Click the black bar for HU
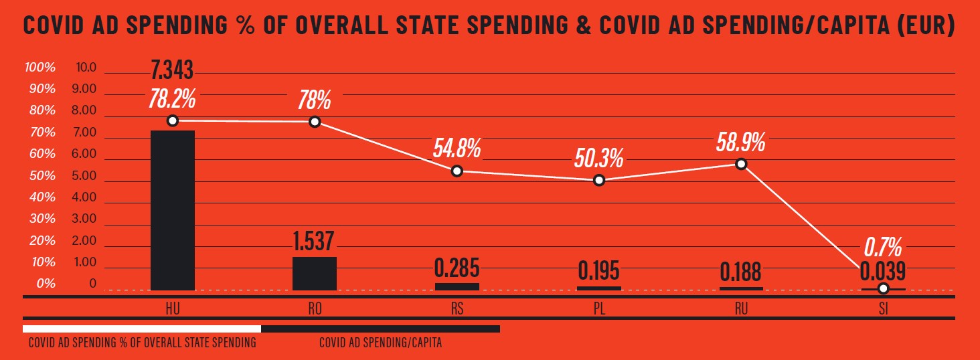pyautogui.click(x=173, y=210)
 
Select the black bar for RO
pyautogui.click(x=315, y=273)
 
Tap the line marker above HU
pyautogui.click(x=173, y=120)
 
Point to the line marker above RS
pyautogui.click(x=457, y=171)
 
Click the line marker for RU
pyautogui.click(x=741, y=164)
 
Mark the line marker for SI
pyautogui.click(x=883, y=288)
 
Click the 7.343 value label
pyautogui.click(x=173, y=69)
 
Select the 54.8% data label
pyautogui.click(x=457, y=148)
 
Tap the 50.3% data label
pyautogui.click(x=599, y=158)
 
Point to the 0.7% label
pyautogui.click(x=883, y=248)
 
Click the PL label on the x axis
pyautogui.click(x=599, y=308)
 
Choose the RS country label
pyautogui.click(x=457, y=308)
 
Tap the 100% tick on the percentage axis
pyautogui.click(x=39, y=68)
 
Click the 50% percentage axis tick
pyautogui.click(x=42, y=176)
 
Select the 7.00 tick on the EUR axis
pyautogui.click(x=86, y=132)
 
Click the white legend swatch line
pyautogui.click(x=142, y=329)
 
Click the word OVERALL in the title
pyautogui.click(x=360, y=25)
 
